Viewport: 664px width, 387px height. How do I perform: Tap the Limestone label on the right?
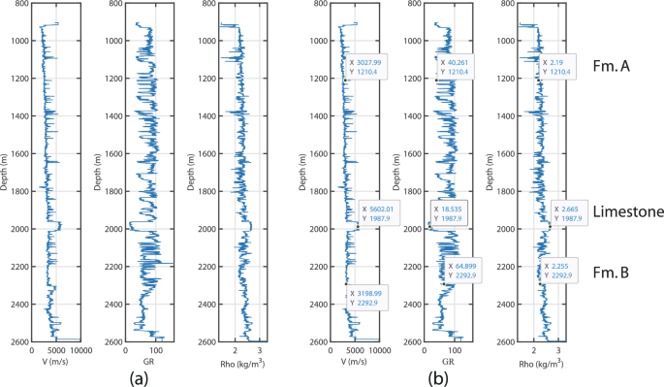tap(627, 212)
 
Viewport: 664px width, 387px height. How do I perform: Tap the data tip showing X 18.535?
tap(450, 214)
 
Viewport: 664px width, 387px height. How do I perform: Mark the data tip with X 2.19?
tap(565, 67)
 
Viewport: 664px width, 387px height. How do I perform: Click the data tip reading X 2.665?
tap(571, 214)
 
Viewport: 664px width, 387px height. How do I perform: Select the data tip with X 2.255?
tap(560, 274)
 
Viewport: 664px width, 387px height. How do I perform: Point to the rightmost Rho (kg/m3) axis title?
tap(546, 362)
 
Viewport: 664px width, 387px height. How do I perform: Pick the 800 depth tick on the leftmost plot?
tap(18, 4)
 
